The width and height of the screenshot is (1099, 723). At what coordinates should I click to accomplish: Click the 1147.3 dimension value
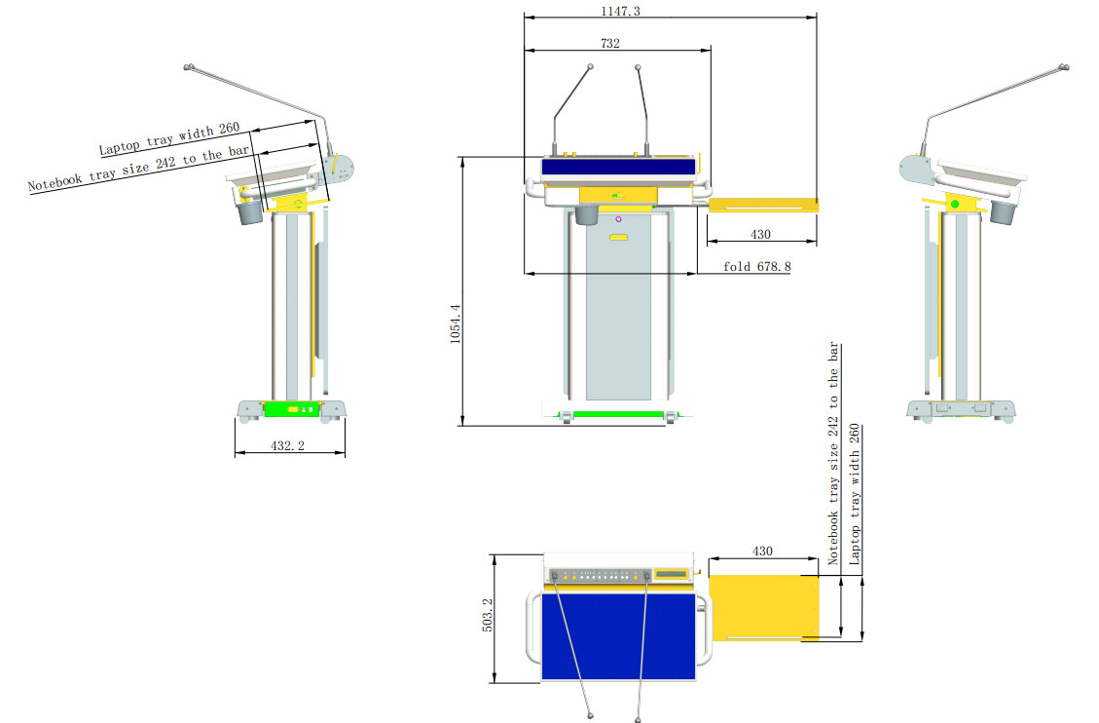coord(620,11)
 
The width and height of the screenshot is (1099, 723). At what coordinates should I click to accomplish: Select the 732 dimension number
coord(609,43)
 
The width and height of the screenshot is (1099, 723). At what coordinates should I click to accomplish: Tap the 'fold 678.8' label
coord(757,266)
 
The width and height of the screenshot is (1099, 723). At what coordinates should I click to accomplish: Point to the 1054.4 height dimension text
coord(455,323)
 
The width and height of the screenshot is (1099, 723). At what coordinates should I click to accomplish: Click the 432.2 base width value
coord(287,445)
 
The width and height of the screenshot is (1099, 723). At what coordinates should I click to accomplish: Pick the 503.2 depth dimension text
coord(487,614)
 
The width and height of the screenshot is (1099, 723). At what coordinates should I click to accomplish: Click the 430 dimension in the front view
coord(760,234)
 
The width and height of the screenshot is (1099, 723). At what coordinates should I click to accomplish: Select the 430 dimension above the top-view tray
coord(762,552)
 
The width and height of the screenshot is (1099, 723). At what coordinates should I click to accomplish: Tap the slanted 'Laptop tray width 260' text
coord(169,138)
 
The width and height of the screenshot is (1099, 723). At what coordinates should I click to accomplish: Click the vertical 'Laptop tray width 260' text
coord(855,494)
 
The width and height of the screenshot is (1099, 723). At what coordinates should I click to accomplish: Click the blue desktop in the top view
coord(618,635)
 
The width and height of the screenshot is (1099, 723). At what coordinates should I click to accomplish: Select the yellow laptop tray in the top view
coord(764,608)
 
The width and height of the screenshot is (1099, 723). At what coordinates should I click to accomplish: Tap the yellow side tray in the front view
coord(762,205)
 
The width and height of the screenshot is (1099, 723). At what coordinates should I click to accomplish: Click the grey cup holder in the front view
coord(587,214)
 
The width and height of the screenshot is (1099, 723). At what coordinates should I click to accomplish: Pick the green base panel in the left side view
coord(292,409)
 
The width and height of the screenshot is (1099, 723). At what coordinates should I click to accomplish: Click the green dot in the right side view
coord(955,204)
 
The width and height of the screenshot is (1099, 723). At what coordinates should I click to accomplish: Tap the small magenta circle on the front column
coord(618,219)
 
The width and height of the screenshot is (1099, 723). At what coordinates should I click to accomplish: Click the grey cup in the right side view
coord(1003,212)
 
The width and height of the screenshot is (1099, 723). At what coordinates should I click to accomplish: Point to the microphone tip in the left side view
coord(188,67)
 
